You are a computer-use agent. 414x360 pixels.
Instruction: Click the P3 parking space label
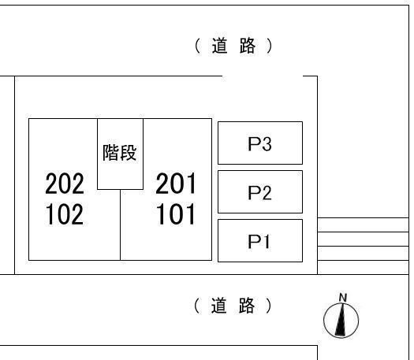259,144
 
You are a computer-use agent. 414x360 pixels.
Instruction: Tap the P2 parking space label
259,193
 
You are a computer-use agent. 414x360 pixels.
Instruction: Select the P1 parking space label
259,242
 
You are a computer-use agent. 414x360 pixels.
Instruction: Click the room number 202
65,184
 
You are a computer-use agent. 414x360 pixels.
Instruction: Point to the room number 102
65,214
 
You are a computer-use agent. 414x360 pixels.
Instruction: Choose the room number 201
176,184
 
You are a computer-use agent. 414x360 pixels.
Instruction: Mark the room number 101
176,214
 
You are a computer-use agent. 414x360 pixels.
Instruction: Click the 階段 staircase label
120,153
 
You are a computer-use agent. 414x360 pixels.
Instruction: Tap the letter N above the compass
343,298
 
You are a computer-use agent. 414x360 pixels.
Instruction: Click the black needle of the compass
341,320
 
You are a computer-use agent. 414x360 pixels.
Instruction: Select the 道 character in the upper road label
219,46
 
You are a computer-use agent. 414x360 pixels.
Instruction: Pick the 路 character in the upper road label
248,46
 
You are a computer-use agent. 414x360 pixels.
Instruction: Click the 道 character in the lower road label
218,306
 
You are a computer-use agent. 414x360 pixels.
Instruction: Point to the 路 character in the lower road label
247,306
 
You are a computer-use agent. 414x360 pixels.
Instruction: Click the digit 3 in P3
267,144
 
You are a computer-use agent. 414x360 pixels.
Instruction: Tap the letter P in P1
254,242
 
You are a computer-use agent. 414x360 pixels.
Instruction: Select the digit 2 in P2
267,193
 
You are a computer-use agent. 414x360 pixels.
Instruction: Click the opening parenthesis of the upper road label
197,46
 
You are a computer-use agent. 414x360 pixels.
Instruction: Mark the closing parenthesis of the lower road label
269,306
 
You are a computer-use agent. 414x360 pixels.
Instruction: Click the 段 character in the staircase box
129,153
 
